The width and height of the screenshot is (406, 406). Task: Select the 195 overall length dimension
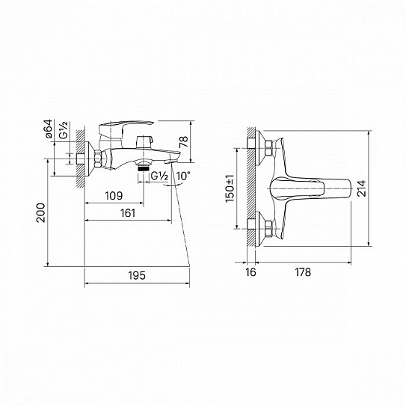(135, 275)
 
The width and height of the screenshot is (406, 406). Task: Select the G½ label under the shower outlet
(159, 176)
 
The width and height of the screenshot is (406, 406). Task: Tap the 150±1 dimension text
(231, 187)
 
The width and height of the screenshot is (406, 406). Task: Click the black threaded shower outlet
(144, 169)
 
